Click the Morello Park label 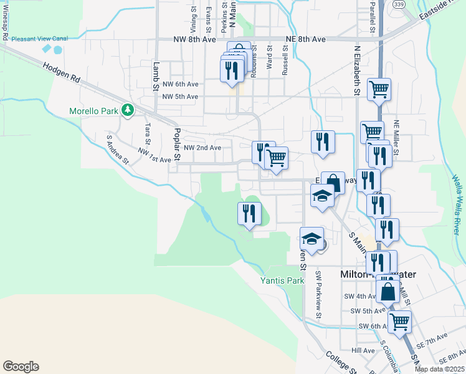[x=93, y=112]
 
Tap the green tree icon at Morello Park [x=128, y=110]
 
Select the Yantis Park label [x=282, y=280]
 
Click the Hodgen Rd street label [x=62, y=74]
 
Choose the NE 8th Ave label [x=306, y=39]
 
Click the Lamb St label [x=156, y=76]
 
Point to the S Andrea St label [x=117, y=150]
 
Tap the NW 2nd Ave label [x=202, y=148]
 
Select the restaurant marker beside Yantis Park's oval [x=248, y=214]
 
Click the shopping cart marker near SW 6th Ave [x=399, y=322]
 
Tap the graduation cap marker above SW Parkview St [x=311, y=239]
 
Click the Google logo [x=21, y=367]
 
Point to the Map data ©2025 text [x=440, y=369]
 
